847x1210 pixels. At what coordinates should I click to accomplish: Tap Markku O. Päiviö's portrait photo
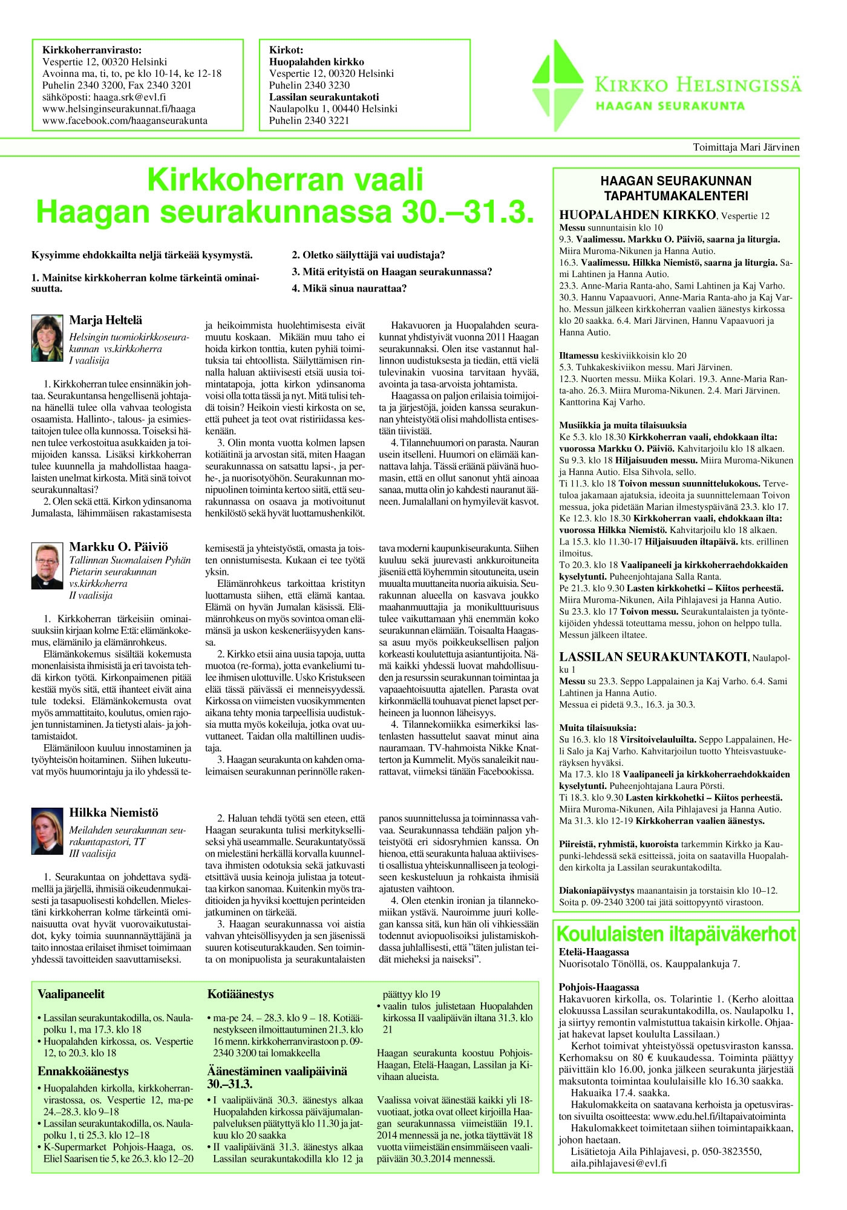47,566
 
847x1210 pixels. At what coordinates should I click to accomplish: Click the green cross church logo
558,86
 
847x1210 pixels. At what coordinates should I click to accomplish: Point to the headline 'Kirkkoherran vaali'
285,180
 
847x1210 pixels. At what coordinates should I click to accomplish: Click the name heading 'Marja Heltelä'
106,320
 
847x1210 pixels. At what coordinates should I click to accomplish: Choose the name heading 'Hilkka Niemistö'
114,813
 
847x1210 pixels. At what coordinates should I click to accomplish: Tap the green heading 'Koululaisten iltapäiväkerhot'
676,935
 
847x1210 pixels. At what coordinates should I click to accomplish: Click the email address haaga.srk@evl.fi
104,97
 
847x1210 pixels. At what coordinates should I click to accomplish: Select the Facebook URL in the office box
125,120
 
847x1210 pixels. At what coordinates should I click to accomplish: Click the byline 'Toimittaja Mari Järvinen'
746,147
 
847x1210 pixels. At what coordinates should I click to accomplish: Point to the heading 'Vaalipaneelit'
71,994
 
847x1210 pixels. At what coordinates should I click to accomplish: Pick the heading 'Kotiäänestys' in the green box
240,994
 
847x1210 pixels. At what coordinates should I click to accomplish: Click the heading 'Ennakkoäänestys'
83,1071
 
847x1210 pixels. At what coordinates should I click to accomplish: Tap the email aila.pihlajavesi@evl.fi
618,1163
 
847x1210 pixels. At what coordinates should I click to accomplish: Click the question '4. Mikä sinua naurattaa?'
349,288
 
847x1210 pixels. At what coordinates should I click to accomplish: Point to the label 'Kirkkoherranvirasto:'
92,50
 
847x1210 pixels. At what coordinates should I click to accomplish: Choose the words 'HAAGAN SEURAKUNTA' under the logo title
670,106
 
